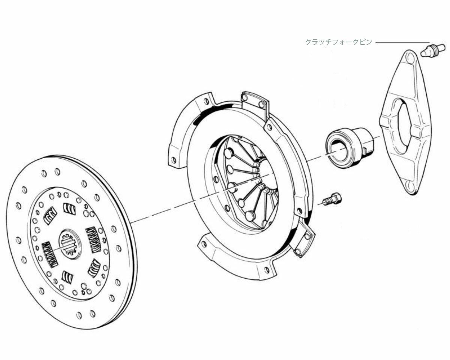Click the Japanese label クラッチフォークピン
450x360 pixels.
coord(339,42)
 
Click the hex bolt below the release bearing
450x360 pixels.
coord(333,199)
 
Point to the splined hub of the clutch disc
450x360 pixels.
coord(68,244)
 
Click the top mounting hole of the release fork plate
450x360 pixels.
coord(411,58)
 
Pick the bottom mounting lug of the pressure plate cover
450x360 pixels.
coord(240,259)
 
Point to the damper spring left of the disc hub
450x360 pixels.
coord(49,254)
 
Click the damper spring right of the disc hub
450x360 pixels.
coord(93,239)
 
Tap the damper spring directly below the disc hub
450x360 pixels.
coord(67,276)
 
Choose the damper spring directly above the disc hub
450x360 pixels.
coord(69,208)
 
